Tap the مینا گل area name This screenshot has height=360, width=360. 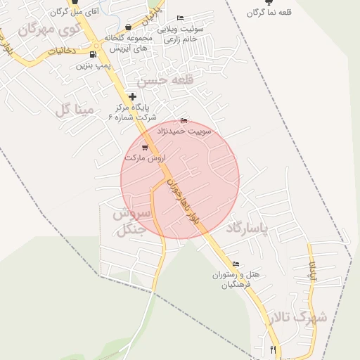point(74,109)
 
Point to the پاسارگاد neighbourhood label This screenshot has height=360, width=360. point(250,229)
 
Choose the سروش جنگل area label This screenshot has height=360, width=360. point(131,221)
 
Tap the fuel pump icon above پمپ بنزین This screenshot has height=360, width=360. point(94,53)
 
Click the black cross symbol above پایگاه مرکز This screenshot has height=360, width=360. point(132,96)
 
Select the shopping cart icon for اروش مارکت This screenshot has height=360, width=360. point(145,147)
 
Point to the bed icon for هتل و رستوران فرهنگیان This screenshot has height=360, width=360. point(235,264)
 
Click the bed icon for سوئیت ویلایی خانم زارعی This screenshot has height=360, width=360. point(180,18)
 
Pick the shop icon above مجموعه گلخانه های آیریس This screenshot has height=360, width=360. point(127,27)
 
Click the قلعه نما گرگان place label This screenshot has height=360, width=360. point(266,13)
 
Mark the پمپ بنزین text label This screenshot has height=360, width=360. point(94,65)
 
